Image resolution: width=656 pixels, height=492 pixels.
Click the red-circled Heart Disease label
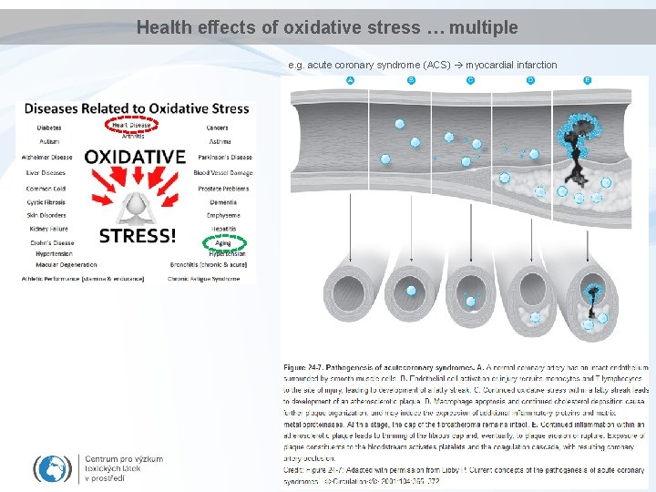click(132, 125)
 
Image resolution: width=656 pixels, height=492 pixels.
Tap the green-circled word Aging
click(223, 243)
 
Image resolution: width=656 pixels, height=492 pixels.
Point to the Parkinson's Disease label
click(224, 157)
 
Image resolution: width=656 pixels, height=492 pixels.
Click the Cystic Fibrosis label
click(46, 201)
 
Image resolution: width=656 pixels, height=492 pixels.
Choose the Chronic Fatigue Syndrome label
click(204, 279)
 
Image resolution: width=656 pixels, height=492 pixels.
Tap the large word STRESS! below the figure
click(138, 236)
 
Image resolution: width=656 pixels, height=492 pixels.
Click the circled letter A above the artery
click(351, 81)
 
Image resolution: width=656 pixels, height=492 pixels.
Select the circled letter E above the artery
click(588, 81)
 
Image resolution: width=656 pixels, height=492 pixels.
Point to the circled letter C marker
click(470, 81)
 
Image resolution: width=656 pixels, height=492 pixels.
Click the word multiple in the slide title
click(485, 28)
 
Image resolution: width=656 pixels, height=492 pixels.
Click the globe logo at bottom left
click(53, 468)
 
